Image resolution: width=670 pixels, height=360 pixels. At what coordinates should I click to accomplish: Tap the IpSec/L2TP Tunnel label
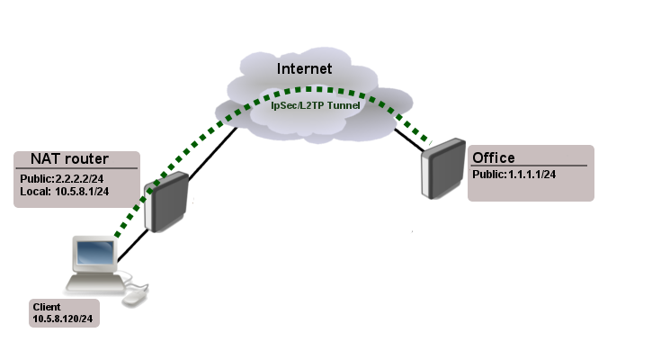pos(315,105)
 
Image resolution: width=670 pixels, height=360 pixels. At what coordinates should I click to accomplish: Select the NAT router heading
pos(58,159)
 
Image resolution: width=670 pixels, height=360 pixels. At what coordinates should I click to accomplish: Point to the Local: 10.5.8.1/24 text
pos(64,192)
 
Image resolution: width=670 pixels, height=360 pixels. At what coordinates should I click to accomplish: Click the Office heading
pos(494,157)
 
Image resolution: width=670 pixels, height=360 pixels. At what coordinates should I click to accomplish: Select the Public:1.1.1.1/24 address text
pos(514,174)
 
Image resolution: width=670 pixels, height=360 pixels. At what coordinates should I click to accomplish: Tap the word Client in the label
pos(47,306)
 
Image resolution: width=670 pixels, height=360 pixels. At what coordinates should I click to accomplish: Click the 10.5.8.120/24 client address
pos(64,319)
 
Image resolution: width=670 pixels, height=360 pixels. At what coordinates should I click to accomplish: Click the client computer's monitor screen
pos(95,255)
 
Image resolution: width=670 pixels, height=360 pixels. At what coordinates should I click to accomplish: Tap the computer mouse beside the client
pos(135,296)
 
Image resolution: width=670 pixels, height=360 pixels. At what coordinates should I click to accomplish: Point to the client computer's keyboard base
pos(94,283)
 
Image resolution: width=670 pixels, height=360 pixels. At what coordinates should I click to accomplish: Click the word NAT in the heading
pos(35,159)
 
